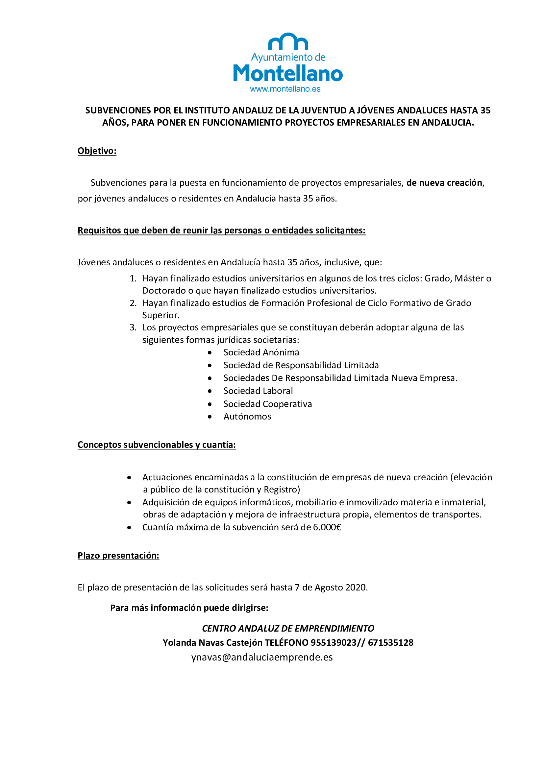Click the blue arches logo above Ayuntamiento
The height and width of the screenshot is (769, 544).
[x=288, y=41]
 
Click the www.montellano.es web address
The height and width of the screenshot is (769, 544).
[x=285, y=89]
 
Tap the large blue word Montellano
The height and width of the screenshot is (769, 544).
[x=288, y=73]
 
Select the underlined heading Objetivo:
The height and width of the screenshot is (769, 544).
[x=97, y=151]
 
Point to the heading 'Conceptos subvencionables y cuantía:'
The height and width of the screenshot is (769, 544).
[x=157, y=445]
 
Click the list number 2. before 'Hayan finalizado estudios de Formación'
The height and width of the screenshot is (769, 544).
[x=133, y=303]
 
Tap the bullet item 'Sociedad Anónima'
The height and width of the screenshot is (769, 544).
[x=261, y=352]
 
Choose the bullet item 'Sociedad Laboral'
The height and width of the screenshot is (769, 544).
[x=258, y=391]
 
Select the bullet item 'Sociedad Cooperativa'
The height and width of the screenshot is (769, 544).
[x=267, y=404]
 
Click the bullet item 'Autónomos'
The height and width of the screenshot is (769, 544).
[x=247, y=417]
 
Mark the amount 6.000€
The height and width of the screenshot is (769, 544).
[x=327, y=527]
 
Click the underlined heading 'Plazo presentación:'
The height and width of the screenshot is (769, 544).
[x=118, y=556]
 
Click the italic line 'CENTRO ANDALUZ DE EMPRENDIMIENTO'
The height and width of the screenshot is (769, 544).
[x=288, y=628]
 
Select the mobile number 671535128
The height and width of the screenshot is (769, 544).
[x=390, y=643]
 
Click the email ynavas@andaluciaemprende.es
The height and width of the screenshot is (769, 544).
[x=261, y=658]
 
